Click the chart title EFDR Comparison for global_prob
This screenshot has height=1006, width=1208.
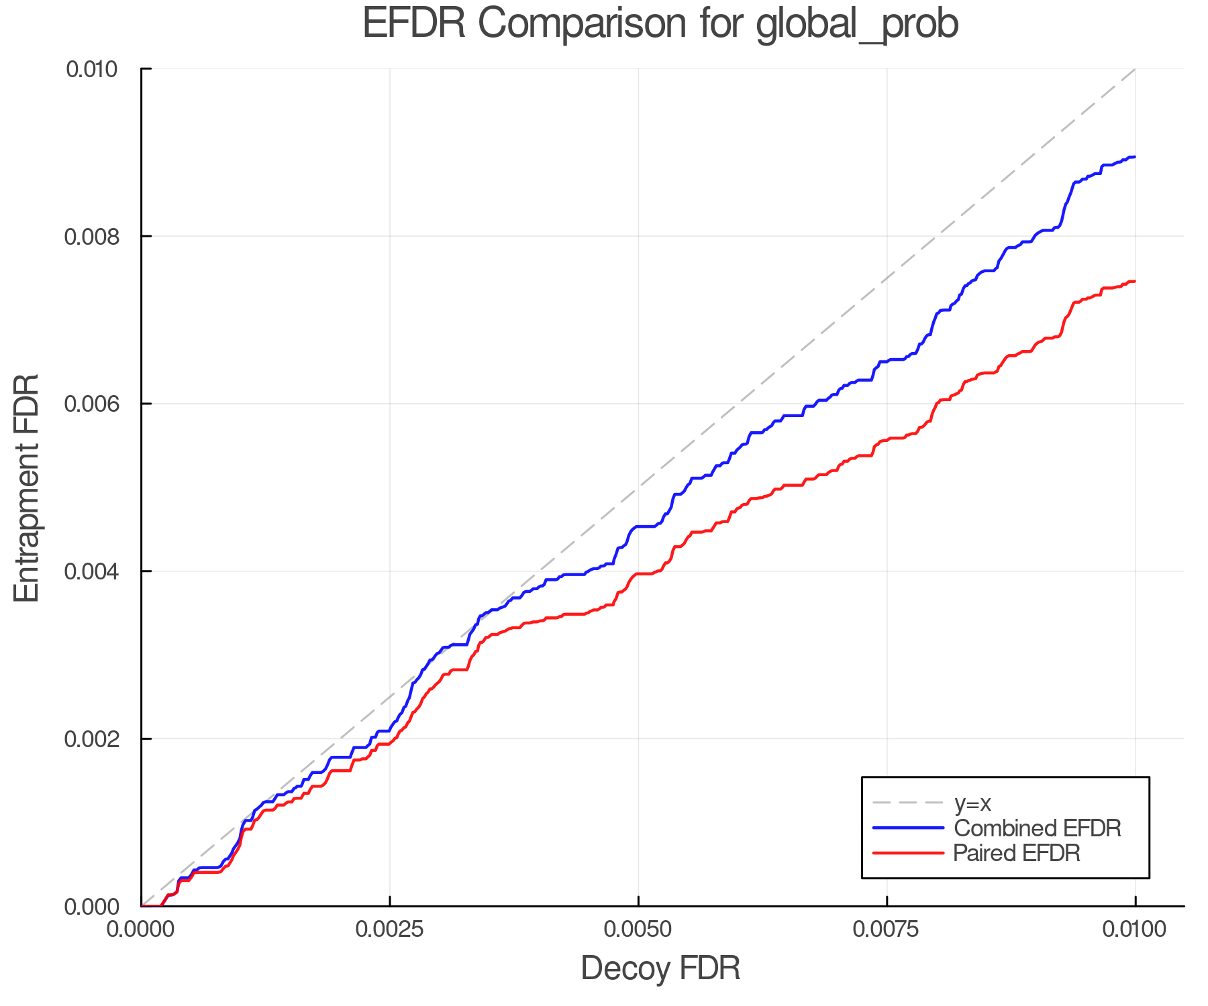point(660,24)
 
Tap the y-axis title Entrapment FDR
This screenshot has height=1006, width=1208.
point(27,488)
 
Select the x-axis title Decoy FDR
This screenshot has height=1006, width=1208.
point(660,968)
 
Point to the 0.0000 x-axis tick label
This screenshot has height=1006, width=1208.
point(142,930)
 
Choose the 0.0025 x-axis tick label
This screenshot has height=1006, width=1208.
point(390,930)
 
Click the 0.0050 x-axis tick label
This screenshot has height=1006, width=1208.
point(638,930)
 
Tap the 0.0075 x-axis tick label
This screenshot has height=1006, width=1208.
point(887,930)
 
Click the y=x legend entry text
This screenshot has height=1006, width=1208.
point(972,803)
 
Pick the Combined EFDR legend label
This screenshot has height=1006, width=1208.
point(1037,828)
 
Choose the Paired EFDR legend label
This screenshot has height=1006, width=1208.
point(1017,853)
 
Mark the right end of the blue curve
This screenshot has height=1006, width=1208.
point(1135,157)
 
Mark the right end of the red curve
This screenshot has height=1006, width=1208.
point(1135,282)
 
